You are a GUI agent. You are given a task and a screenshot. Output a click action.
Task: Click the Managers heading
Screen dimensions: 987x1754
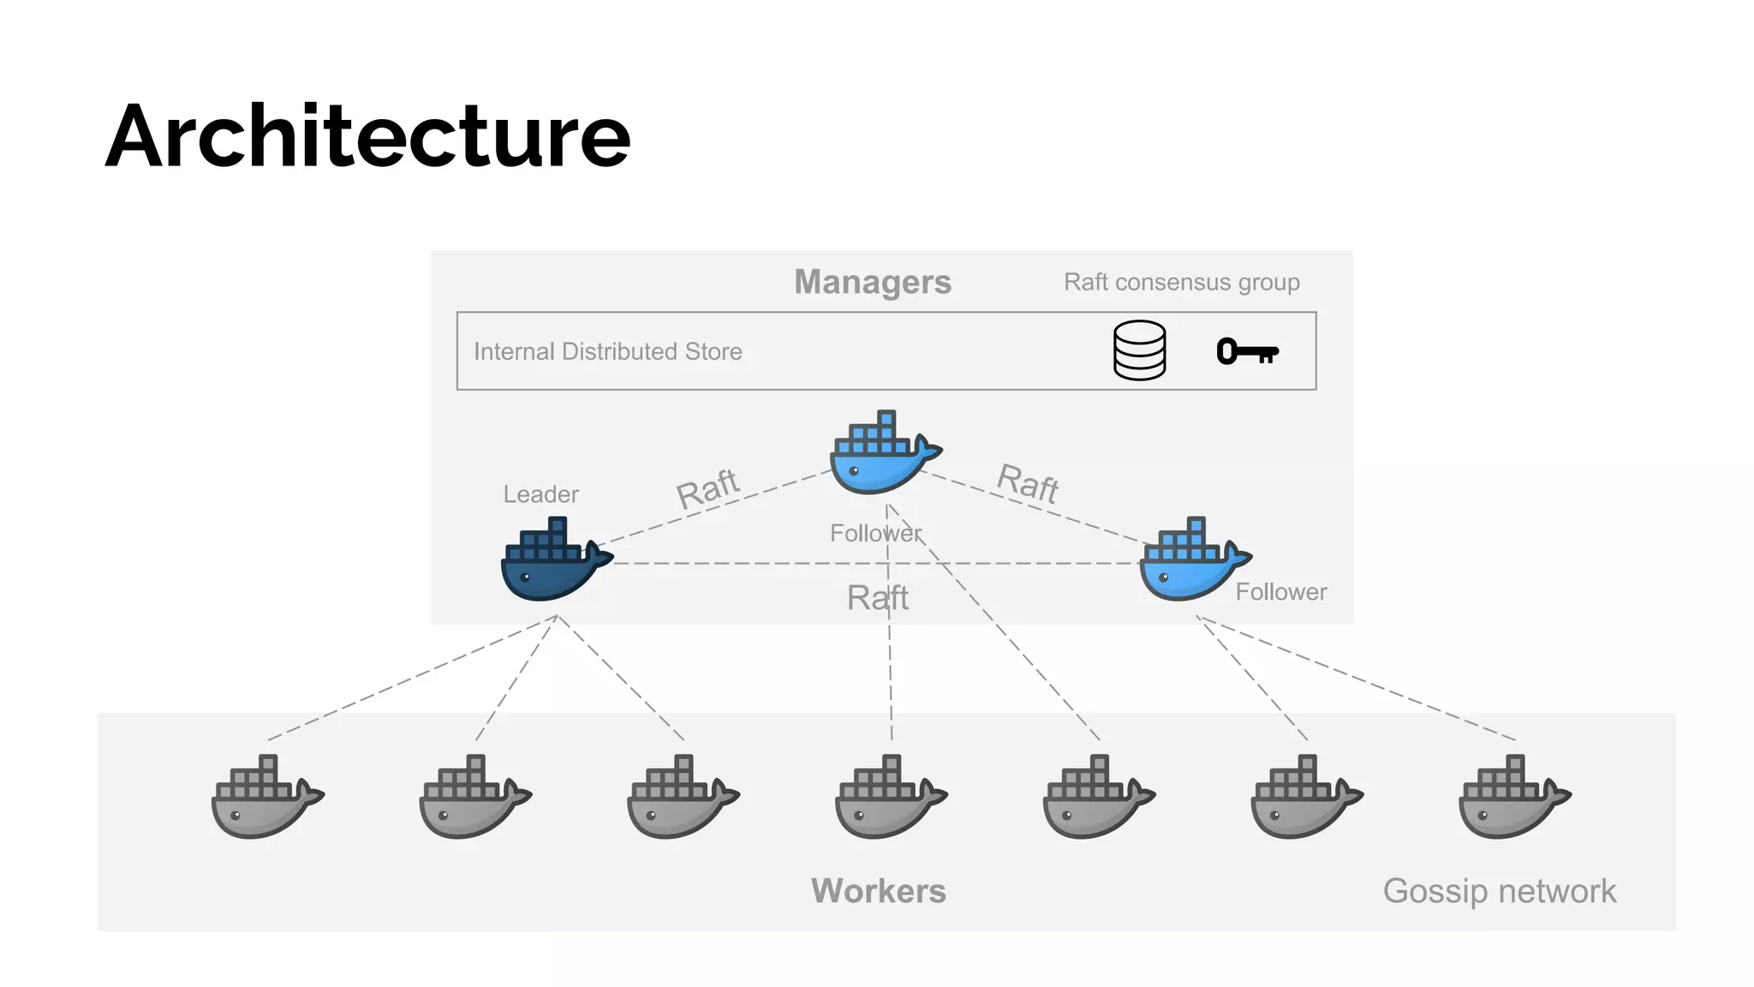click(x=872, y=282)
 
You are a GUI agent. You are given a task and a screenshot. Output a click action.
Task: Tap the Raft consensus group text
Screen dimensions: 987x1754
click(x=1181, y=282)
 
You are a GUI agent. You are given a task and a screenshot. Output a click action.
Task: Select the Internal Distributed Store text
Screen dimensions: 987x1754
click(x=607, y=351)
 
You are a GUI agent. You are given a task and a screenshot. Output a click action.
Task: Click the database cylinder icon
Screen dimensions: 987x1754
click(x=1139, y=350)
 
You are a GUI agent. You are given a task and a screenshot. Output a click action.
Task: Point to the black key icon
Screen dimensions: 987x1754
click(x=1247, y=351)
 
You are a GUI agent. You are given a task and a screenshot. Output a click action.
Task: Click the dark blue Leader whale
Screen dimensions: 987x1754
click(x=552, y=561)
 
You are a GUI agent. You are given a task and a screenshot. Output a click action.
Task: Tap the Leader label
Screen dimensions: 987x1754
click(x=540, y=494)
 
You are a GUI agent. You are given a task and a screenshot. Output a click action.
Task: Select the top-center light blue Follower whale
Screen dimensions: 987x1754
click(x=882, y=454)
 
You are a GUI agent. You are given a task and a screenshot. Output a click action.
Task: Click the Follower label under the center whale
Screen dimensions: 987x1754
click(x=875, y=533)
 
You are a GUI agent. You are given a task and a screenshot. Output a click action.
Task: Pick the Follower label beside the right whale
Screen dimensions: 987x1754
click(x=1280, y=592)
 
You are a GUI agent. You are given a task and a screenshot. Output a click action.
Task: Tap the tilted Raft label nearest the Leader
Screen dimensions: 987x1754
click(x=707, y=489)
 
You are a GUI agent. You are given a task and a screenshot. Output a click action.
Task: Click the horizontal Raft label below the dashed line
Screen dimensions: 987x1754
click(x=877, y=597)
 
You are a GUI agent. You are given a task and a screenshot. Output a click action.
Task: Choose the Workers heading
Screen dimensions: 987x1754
click(x=878, y=891)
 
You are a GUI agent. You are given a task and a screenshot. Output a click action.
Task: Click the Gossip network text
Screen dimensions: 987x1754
click(x=1499, y=891)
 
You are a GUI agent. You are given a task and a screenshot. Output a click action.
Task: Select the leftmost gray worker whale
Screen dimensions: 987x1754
click(x=265, y=799)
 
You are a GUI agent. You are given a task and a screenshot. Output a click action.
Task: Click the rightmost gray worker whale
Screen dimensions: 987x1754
click(x=1512, y=799)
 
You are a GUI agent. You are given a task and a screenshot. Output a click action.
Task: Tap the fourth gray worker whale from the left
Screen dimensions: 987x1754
click(x=888, y=799)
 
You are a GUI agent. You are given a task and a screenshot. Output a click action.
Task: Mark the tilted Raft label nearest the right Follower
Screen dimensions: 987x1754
click(x=1028, y=483)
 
